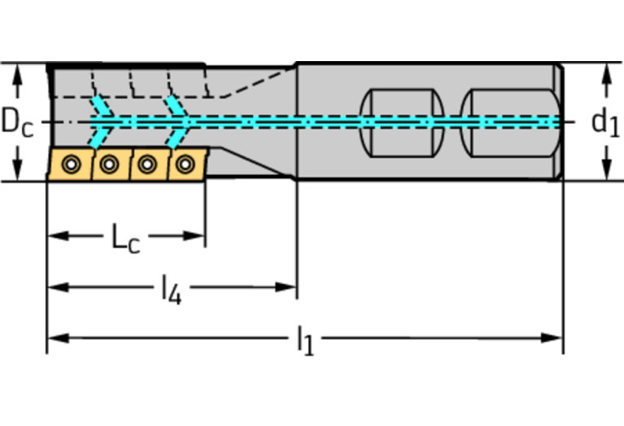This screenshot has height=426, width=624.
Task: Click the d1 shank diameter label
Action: click(605, 123)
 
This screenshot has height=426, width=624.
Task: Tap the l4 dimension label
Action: click(171, 288)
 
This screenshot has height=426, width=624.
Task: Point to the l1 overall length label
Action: click(304, 339)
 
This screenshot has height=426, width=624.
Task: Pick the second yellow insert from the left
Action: click(108, 165)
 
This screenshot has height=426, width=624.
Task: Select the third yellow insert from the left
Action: click(146, 165)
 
